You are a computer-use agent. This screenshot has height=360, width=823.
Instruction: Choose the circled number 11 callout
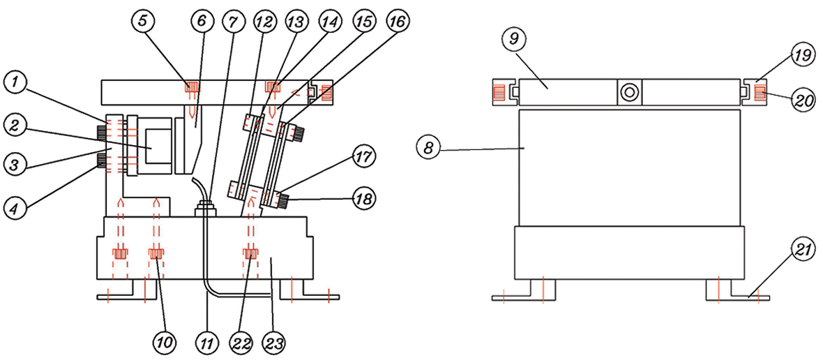[208, 344]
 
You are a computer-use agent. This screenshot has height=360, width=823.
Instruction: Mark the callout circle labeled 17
[363, 156]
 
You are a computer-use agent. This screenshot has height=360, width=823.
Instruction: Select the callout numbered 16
[398, 22]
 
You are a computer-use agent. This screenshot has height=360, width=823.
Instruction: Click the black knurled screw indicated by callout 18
[283, 201]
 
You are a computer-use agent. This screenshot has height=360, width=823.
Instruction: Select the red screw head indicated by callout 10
[156, 254]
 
